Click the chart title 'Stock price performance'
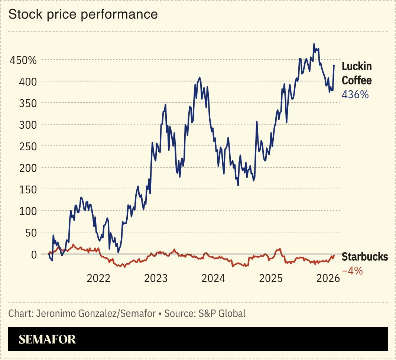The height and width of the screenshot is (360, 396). click(x=83, y=14)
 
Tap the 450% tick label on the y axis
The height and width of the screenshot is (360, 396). click(x=23, y=60)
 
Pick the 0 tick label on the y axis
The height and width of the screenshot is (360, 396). click(x=33, y=254)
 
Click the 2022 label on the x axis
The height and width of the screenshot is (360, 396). click(x=98, y=278)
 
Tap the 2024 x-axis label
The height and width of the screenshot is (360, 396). click(x=213, y=278)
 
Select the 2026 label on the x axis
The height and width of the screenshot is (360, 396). click(x=328, y=278)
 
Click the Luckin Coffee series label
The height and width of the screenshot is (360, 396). click(x=356, y=73)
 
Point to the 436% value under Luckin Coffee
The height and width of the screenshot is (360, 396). click(x=355, y=94)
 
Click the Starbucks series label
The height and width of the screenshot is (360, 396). click(x=364, y=257)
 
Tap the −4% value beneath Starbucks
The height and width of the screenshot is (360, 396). click(x=352, y=271)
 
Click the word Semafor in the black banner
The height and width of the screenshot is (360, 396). click(x=47, y=339)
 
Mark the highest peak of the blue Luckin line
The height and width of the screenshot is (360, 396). click(x=314, y=44)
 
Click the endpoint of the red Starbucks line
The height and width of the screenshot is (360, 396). click(x=334, y=255)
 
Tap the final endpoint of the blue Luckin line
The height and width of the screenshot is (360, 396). click(x=334, y=65)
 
